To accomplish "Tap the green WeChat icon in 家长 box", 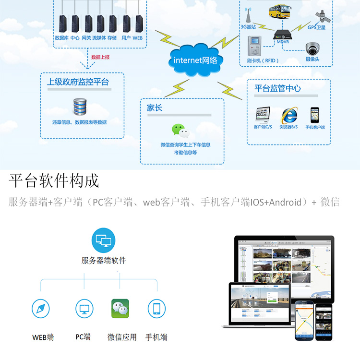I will [180, 131].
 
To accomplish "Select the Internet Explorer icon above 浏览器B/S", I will [289, 115].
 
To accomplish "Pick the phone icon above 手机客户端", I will [315, 115].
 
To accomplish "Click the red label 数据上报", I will [100, 57].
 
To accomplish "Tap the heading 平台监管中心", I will [277, 88].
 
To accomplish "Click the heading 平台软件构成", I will [54, 181].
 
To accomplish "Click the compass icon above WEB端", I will [41, 309].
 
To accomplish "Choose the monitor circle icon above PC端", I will [84, 309].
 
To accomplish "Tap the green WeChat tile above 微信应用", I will [120, 309].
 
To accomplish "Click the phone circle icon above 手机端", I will [156, 309].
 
